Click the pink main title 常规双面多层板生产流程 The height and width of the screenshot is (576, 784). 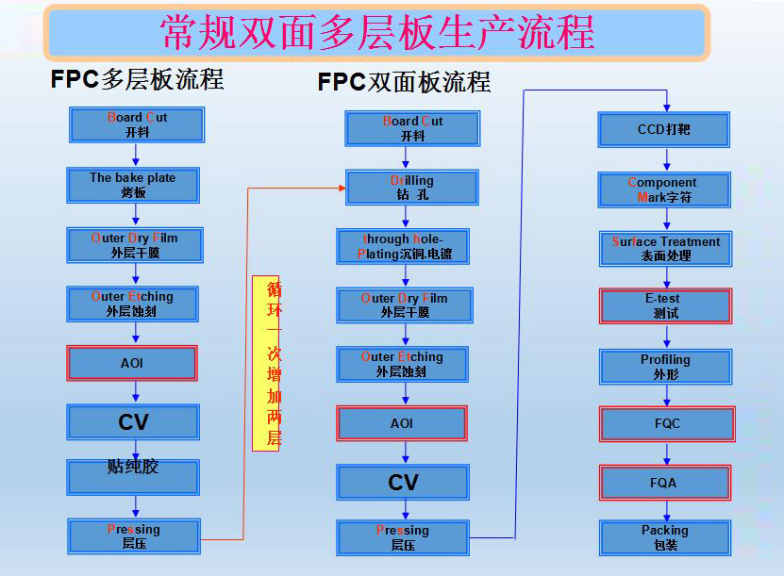(377, 32)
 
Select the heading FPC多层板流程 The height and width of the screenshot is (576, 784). (137, 79)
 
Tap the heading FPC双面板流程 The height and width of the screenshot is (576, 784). (404, 82)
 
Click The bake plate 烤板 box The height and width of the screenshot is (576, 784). (133, 186)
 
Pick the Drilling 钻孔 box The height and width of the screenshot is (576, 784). (412, 188)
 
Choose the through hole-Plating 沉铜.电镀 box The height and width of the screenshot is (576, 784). (403, 246)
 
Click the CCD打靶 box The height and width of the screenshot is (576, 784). (663, 130)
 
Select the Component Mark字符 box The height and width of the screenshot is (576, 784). (664, 189)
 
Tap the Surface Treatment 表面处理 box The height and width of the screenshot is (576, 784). (665, 249)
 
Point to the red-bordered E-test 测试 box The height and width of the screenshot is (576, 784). (665, 305)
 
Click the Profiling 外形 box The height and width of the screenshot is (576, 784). (665, 367)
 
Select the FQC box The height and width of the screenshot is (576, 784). (667, 424)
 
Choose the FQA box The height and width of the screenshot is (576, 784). (665, 483)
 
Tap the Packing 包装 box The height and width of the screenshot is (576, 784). (665, 538)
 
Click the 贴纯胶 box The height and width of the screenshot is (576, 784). (133, 478)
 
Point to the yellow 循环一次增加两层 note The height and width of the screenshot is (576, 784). (265, 363)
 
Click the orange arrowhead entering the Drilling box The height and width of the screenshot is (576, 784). (342, 189)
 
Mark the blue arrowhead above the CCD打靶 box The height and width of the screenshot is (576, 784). (666, 107)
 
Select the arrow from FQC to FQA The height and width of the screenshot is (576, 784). (666, 453)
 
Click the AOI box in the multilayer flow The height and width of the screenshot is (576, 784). (132, 363)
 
